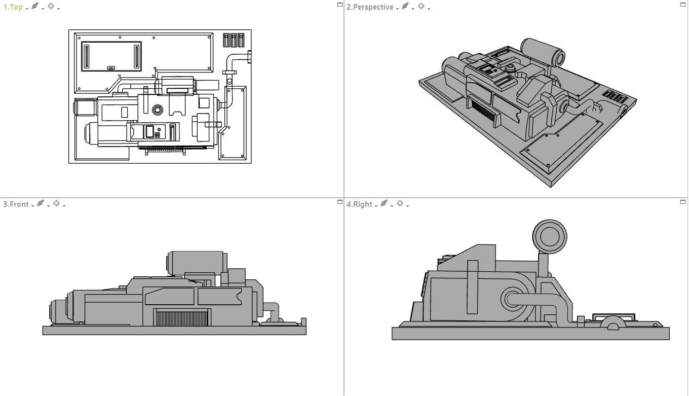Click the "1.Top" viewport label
pyautogui.click(x=13, y=7)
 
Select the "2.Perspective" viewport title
pyautogui.click(x=370, y=7)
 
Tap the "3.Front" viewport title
pyautogui.click(x=16, y=204)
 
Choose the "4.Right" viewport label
pyautogui.click(x=359, y=204)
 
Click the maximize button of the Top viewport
pyautogui.click(x=340, y=5)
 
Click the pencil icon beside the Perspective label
pyautogui.click(x=405, y=7)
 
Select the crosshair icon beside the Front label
pyautogui.click(x=56, y=203)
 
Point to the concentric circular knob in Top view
pyautogui.click(x=157, y=110)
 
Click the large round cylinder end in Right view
pyautogui.click(x=550, y=236)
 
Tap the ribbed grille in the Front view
pyautogui.click(x=181, y=318)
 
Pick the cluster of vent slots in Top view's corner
pyautogui.click(x=234, y=40)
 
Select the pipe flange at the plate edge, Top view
pyautogui.click(x=249, y=57)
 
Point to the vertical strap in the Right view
pyautogui.click(x=472, y=287)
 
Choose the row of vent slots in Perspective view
pyautogui.click(x=615, y=96)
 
